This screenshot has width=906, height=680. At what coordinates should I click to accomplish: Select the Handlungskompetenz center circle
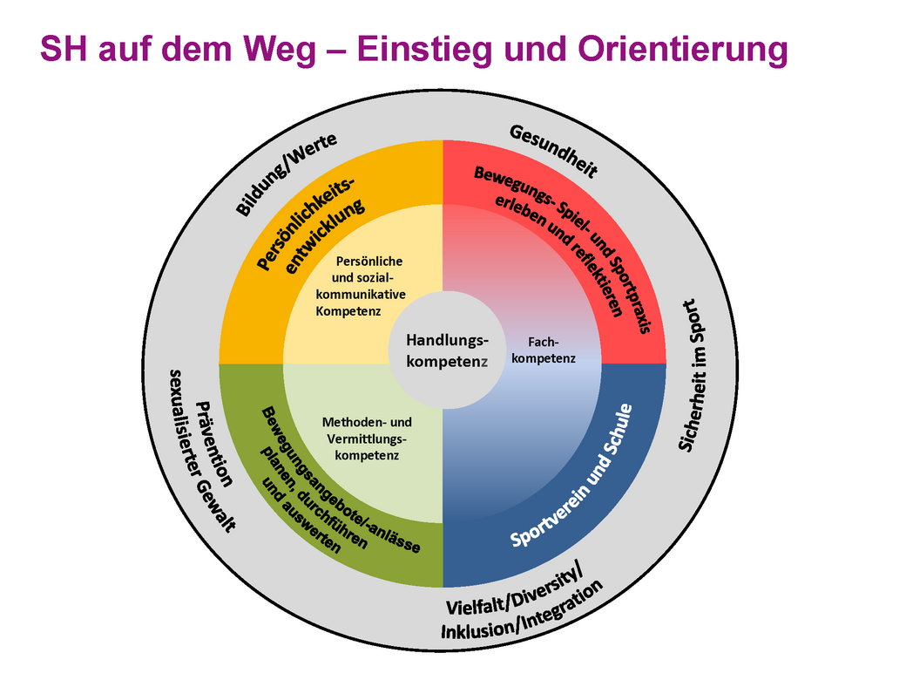[445, 349]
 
